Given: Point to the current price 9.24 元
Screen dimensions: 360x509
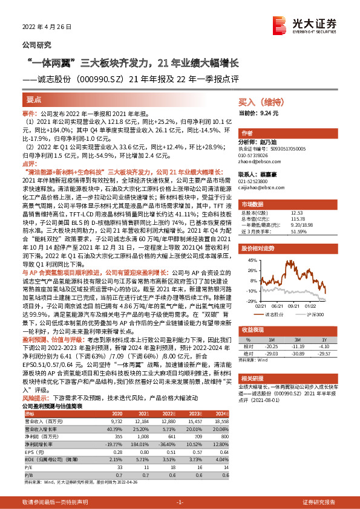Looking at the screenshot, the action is click(x=258, y=113).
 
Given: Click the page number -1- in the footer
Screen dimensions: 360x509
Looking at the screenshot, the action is click(x=179, y=502).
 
